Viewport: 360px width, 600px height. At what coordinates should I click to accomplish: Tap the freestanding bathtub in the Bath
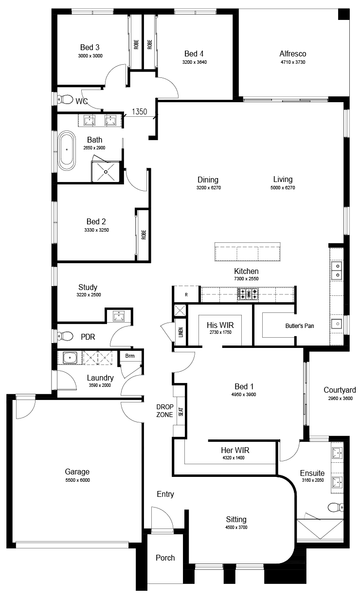(x=67, y=151)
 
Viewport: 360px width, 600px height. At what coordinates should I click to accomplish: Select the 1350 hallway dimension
(x=140, y=111)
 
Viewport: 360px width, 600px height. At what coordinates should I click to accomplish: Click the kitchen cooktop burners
(x=248, y=294)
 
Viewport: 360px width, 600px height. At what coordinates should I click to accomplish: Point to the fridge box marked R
(x=186, y=294)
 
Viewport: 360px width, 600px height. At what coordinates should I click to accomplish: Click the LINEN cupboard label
(x=181, y=332)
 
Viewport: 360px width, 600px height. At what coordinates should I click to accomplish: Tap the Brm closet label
(x=130, y=356)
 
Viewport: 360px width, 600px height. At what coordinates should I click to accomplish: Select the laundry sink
(x=70, y=358)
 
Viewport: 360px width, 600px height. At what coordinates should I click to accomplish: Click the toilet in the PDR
(x=65, y=336)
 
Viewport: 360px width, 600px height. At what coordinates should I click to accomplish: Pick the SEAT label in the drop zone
(x=181, y=411)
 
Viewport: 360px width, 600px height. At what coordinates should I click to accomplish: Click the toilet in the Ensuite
(x=336, y=507)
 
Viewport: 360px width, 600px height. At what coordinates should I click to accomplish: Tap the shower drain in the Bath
(x=106, y=172)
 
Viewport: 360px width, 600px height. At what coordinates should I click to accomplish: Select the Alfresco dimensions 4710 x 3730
(x=293, y=62)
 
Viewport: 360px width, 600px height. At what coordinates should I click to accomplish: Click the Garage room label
(x=77, y=472)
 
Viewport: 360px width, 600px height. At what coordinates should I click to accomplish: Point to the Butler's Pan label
(x=300, y=326)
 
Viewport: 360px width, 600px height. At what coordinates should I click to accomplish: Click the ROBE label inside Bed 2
(x=144, y=235)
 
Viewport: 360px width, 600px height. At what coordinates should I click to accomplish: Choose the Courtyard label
(x=340, y=390)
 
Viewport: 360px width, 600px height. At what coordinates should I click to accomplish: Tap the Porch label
(x=165, y=558)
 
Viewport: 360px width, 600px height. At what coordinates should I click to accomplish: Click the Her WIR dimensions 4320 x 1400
(x=234, y=458)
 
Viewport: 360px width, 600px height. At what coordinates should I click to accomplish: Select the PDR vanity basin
(x=119, y=316)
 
